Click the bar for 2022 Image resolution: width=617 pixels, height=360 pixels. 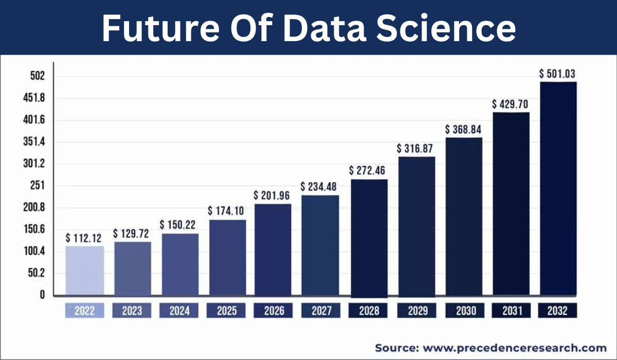(x=85, y=271)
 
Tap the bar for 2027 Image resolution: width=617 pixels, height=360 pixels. (x=320, y=245)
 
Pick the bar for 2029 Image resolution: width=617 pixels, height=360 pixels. (x=416, y=226)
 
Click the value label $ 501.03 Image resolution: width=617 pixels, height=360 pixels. (x=557, y=74)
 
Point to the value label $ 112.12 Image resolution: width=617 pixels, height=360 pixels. (x=84, y=238)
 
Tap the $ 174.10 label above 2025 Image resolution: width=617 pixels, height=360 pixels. (x=226, y=211)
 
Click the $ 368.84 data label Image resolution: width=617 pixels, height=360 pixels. (x=463, y=129)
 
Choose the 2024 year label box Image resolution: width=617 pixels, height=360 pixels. (x=179, y=311)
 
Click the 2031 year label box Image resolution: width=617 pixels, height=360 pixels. (x=511, y=311)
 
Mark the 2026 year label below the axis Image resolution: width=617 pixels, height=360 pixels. (x=274, y=311)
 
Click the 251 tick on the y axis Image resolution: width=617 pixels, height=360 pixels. (x=37, y=186)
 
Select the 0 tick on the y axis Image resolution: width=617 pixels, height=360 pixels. (x=42, y=295)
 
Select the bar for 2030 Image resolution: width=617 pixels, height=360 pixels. (x=463, y=217)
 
